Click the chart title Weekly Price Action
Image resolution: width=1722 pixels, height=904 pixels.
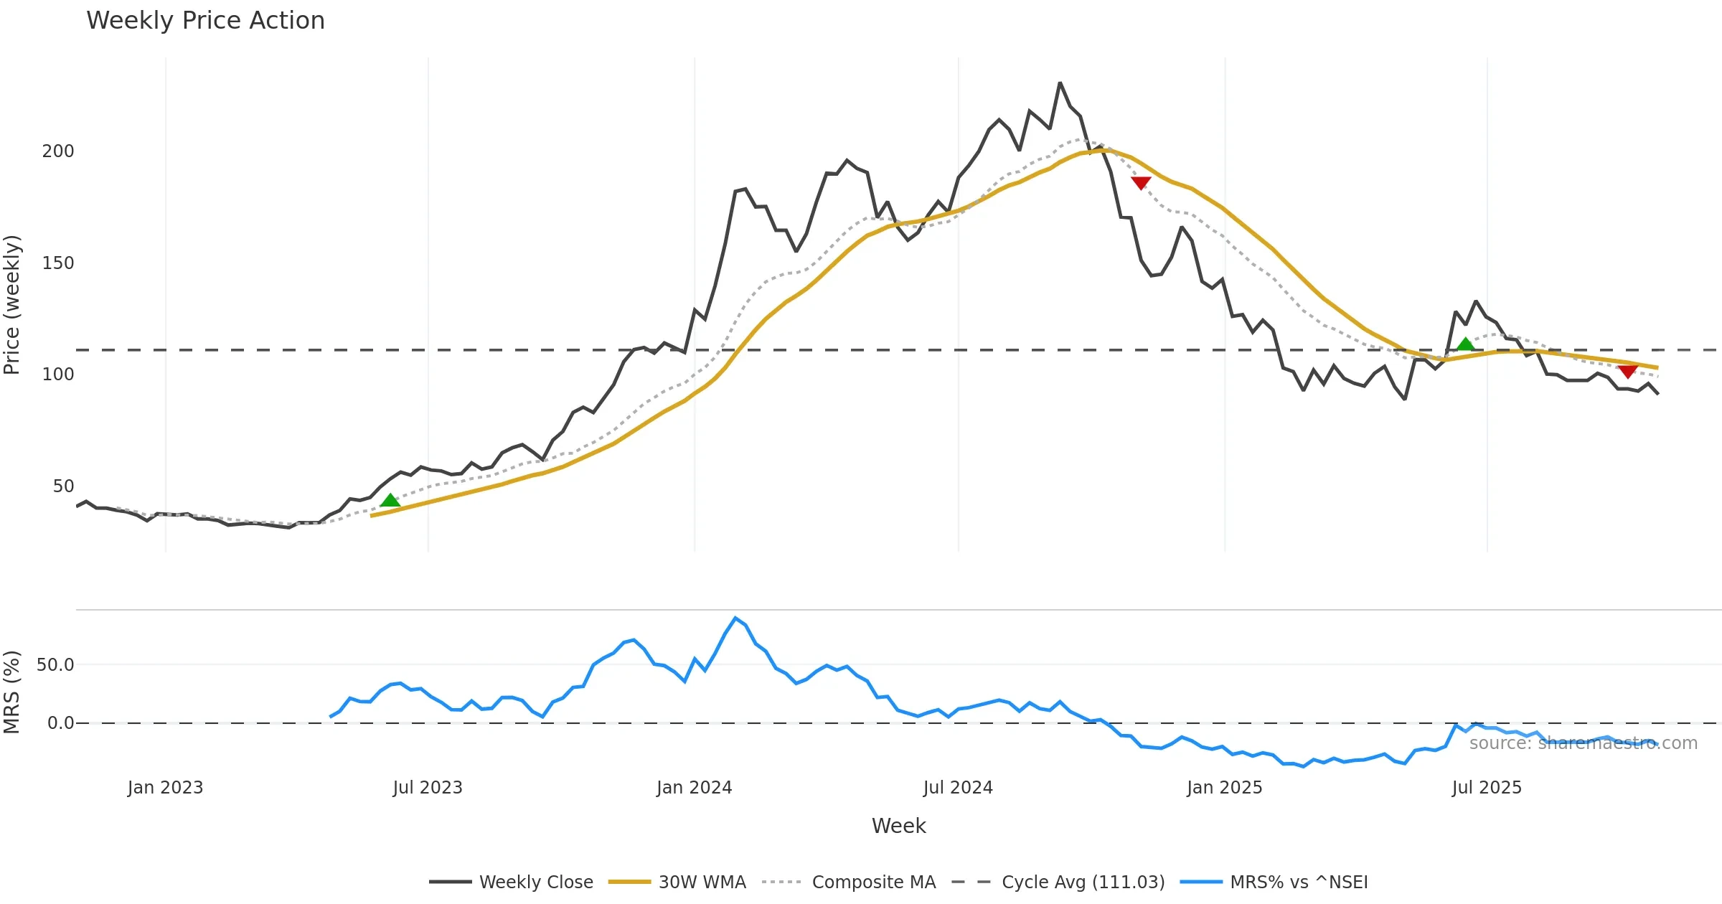click(x=205, y=21)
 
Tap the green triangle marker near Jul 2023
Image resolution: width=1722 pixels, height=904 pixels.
click(x=390, y=500)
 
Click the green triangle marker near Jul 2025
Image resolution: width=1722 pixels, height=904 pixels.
click(x=1465, y=344)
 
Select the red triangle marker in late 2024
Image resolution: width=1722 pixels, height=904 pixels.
click(x=1141, y=183)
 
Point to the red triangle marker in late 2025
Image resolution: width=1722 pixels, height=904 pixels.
click(x=1627, y=371)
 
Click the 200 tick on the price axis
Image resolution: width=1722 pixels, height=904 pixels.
click(x=58, y=151)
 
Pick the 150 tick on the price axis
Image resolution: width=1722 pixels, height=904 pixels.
click(x=58, y=263)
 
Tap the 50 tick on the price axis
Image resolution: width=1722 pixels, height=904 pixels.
click(x=63, y=486)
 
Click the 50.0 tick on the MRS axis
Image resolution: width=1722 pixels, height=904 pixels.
click(x=55, y=665)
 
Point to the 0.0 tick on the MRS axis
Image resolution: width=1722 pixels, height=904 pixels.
click(x=60, y=723)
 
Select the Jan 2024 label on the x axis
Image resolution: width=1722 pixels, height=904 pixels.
click(x=694, y=788)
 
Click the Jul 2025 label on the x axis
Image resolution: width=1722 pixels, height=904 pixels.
click(x=1487, y=788)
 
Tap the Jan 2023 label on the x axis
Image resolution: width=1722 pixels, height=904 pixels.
click(x=165, y=788)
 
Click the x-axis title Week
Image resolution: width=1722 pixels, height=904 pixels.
click(x=898, y=826)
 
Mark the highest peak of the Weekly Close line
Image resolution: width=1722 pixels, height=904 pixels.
click(x=1060, y=83)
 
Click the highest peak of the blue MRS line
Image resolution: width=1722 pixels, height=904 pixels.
click(x=735, y=618)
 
